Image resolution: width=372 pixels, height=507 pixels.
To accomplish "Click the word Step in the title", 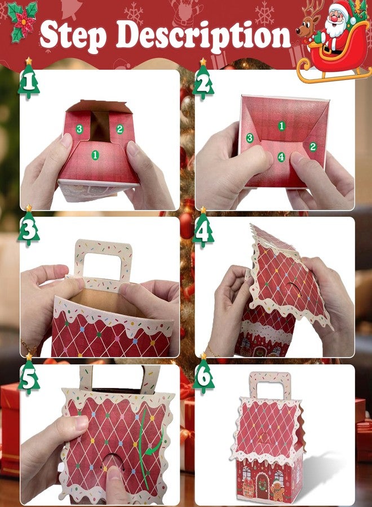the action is (73, 35).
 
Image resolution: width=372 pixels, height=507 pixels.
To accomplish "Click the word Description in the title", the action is (203, 35).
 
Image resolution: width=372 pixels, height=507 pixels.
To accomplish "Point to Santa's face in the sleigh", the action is (336, 19).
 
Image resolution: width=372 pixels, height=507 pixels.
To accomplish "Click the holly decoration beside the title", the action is (22, 21).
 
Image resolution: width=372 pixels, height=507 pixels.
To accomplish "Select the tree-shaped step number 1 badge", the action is (29, 78).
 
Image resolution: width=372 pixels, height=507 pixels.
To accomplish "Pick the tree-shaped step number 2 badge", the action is (203, 79).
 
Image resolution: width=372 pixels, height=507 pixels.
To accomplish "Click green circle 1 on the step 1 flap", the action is (95, 155).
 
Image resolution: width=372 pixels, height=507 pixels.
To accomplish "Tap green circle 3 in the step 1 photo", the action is (79, 129).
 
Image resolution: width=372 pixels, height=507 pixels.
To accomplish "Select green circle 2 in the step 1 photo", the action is (120, 129).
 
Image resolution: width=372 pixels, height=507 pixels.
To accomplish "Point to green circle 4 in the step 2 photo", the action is (281, 157).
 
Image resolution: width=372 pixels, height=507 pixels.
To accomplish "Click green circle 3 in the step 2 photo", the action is (249, 138).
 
